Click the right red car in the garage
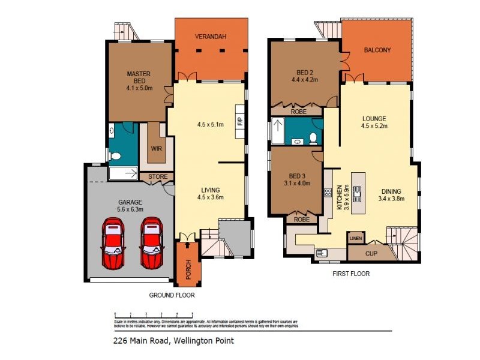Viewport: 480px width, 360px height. tap(152, 242)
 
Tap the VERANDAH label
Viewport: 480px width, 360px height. tap(210, 37)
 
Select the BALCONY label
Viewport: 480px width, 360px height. tap(377, 50)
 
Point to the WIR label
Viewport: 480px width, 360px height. tap(157, 148)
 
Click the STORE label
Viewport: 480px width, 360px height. tap(158, 176)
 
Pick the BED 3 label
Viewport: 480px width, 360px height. tap(298, 176)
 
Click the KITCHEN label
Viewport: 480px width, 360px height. tap(339, 192)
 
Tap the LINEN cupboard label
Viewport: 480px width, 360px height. tap(355, 239)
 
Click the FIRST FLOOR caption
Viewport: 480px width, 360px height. tap(350, 274)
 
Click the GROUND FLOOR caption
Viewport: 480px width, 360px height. tap(172, 295)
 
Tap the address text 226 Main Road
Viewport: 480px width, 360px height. tap(143, 341)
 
